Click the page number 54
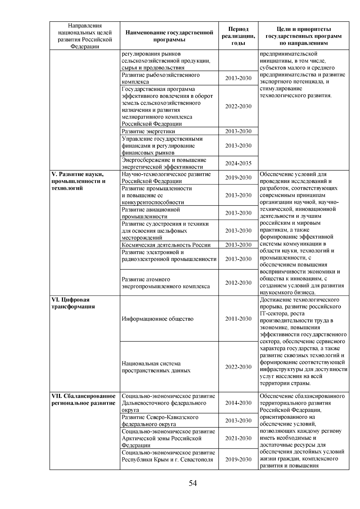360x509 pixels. point(193,483)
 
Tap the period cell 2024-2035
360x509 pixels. point(238,163)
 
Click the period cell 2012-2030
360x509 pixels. point(238,283)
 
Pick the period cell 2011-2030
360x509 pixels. point(238,319)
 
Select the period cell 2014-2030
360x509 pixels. point(238,403)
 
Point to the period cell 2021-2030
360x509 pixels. point(238,438)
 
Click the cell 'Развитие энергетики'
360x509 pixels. point(148,131)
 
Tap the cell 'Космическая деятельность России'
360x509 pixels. point(166,245)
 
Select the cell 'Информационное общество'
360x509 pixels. point(157,319)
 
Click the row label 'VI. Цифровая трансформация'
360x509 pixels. point(73,303)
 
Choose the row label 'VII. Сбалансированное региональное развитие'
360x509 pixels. point(83,400)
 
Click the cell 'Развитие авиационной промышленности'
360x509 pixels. point(151,213)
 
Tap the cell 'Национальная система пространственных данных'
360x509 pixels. point(156,367)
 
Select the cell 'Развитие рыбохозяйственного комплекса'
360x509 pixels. point(160,78)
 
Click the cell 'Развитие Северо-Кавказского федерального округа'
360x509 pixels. point(160,421)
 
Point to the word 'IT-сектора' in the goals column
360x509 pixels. point(273,314)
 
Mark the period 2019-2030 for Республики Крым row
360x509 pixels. point(238,460)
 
